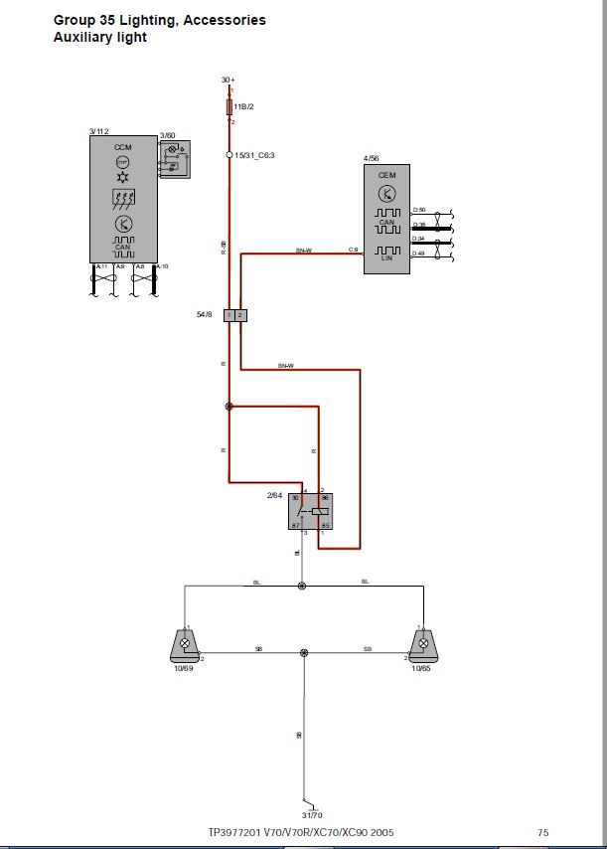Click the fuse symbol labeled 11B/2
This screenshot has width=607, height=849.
230,105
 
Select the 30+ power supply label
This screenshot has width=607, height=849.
228,79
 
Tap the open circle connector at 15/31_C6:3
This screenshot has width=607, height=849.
229,155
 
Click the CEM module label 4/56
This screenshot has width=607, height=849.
371,158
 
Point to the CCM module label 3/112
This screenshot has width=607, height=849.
98,130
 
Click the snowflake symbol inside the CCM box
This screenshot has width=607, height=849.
123,176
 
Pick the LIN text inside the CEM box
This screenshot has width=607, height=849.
387,257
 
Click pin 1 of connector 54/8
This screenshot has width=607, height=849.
229,315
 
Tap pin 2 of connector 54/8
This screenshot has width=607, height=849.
241,315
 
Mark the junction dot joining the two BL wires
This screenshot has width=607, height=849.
303,586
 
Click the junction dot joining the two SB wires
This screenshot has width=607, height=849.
304,653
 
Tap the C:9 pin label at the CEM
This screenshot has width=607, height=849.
353,250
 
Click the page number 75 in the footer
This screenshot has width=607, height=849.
542,832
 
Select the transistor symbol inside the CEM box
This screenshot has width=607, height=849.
387,192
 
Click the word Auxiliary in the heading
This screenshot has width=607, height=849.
85,37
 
